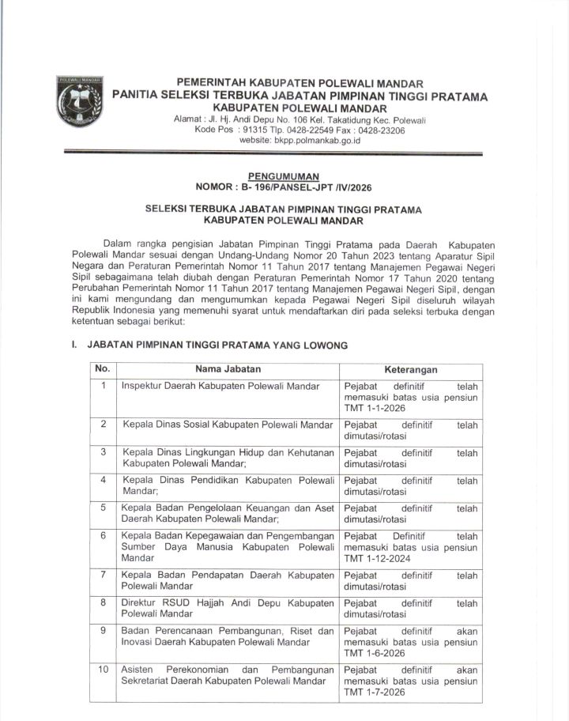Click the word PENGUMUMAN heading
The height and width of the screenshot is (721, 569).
click(x=283, y=176)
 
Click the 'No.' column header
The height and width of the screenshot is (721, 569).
click(x=102, y=369)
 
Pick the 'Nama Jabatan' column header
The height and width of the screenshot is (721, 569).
click(x=228, y=369)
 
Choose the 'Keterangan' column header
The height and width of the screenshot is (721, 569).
click(x=411, y=370)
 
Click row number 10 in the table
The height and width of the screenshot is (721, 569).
click(x=103, y=669)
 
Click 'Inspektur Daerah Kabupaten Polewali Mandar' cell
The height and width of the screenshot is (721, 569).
click(x=220, y=387)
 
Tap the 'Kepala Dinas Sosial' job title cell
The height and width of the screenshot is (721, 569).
click(x=228, y=425)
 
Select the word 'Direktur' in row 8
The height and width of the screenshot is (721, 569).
click(x=141, y=603)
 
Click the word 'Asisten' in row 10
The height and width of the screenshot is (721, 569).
click(x=138, y=669)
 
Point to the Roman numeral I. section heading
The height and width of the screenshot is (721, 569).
click(x=63, y=345)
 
